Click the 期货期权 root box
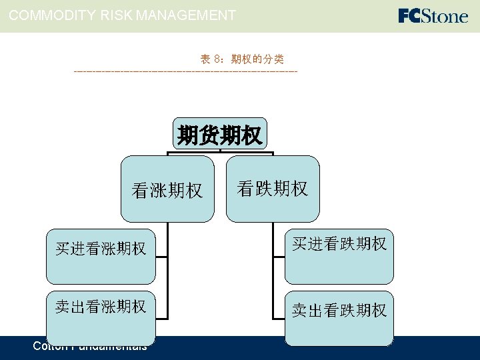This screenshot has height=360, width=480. [219, 135]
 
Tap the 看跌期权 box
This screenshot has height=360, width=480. [273, 189]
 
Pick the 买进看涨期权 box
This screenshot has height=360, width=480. [101, 256]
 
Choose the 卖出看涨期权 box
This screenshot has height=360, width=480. [101, 317]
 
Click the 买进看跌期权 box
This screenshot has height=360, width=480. [339, 256]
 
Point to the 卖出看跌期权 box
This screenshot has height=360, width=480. [339, 317]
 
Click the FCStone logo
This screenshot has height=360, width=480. [433, 15]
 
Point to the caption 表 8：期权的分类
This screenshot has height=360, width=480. [242, 59]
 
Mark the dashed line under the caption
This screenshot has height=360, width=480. [185, 71]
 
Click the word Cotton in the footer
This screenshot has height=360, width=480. [49, 346]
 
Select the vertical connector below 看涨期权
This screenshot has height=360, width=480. [167, 280]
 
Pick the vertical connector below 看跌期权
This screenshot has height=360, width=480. [273, 280]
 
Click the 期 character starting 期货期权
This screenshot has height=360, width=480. [187, 135]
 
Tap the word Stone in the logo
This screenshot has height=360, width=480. [444, 15]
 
